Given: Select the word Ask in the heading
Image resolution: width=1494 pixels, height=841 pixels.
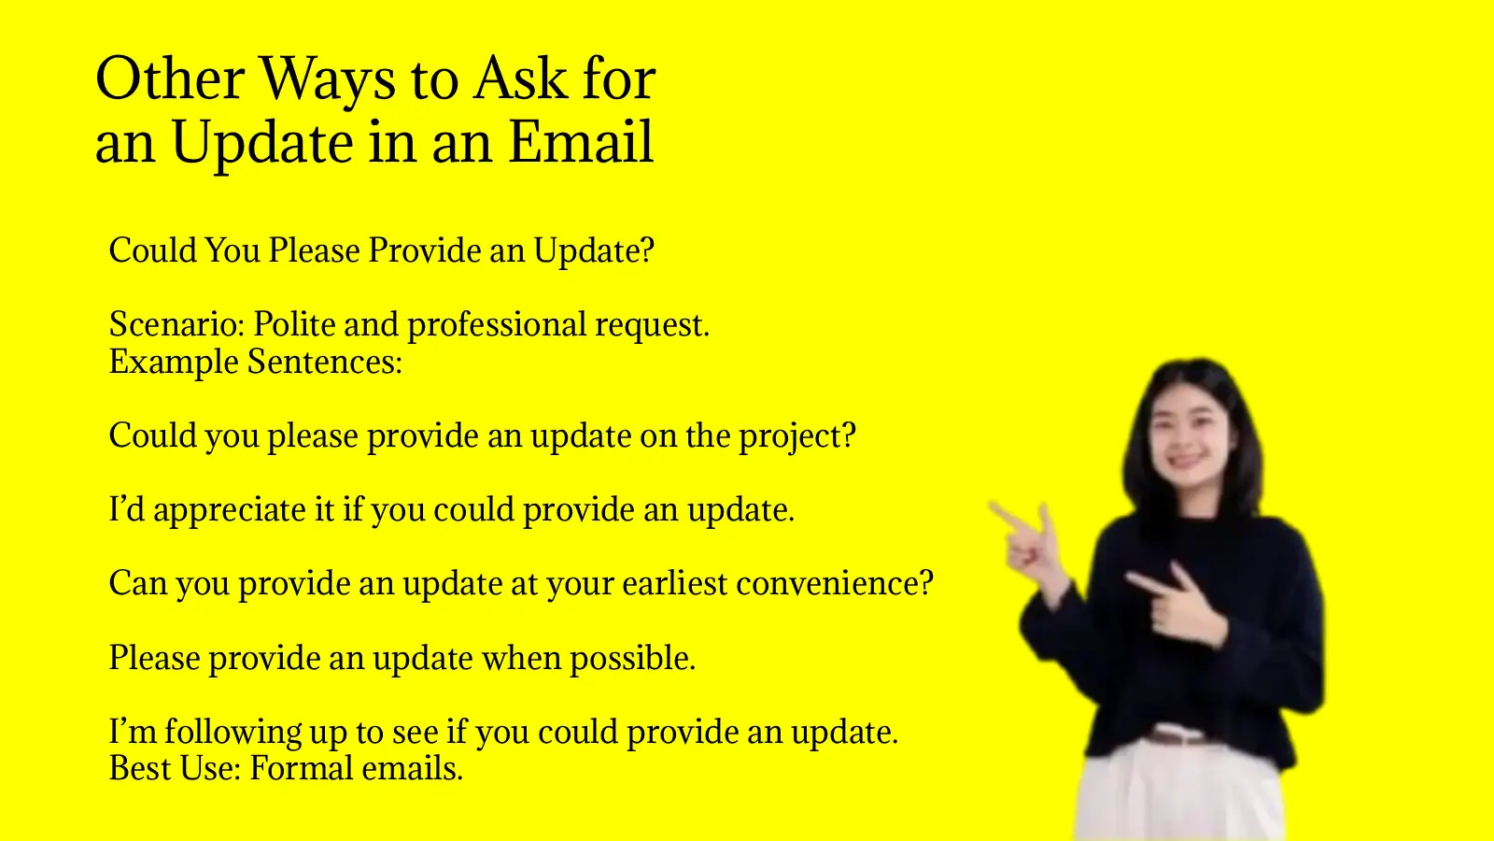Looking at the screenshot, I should [520, 78].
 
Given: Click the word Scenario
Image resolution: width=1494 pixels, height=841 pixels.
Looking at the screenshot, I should [176, 324].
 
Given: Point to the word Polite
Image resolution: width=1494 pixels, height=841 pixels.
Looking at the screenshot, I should [294, 324].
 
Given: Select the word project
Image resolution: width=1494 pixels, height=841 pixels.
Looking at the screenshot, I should [796, 436].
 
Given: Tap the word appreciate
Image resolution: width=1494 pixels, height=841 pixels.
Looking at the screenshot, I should [230, 510].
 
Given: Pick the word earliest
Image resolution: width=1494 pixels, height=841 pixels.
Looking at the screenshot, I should [674, 583].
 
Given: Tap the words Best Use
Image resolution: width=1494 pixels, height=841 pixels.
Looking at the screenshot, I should [175, 768].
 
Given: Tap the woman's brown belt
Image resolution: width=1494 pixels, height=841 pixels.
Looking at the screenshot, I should [1180, 736].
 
